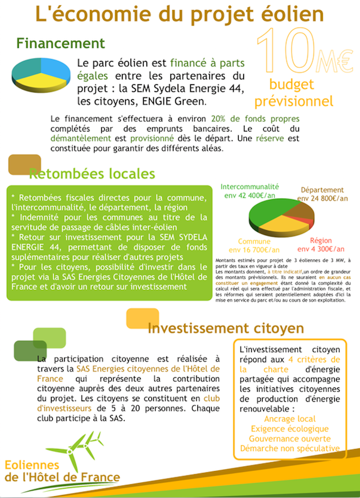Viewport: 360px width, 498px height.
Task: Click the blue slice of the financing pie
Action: tap(54, 66)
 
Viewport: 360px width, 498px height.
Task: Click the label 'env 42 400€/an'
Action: tap(249, 196)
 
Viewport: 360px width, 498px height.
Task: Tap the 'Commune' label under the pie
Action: tap(254, 241)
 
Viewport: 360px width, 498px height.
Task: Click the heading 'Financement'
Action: tap(60, 43)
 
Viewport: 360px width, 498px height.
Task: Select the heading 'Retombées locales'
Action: tap(92, 174)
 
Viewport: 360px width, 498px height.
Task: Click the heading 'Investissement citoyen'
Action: tap(226, 328)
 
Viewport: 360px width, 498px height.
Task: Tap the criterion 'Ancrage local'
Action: tap(290, 418)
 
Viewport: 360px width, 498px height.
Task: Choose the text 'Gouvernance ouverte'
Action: tap(290, 438)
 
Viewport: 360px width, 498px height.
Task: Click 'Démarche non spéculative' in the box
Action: tap(290, 448)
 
